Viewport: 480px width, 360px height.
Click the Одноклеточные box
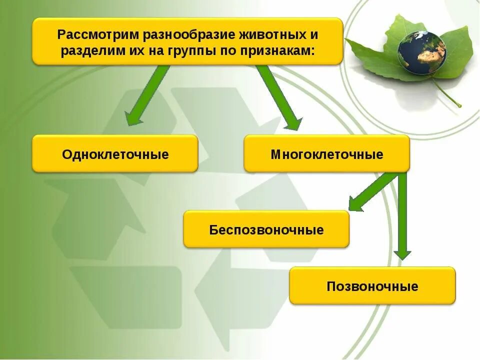coord(115,154)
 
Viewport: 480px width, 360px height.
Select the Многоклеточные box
coord(326,154)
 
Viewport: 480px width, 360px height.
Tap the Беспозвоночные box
coord(266,229)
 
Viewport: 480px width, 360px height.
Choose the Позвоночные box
coord(372,286)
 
